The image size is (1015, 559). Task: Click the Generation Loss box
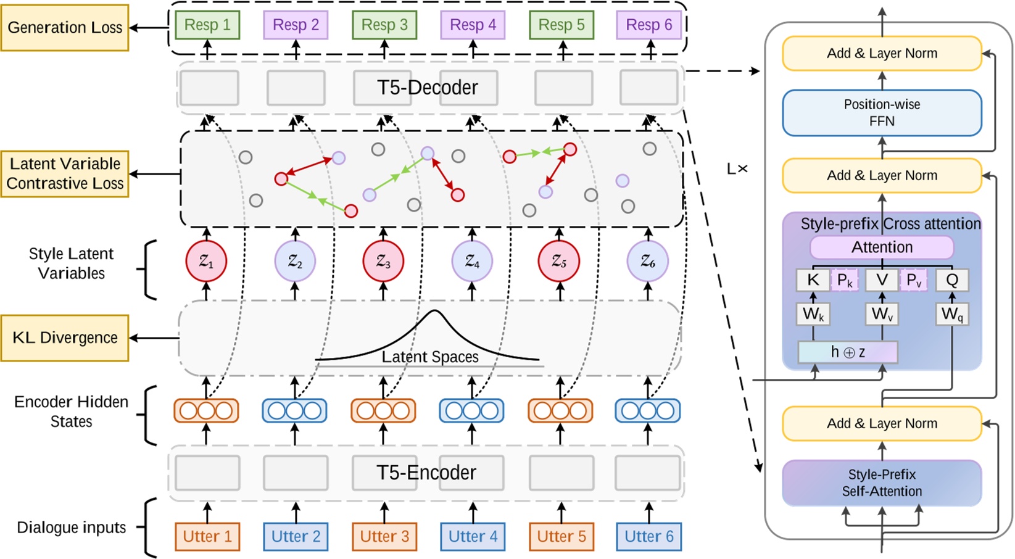click(x=65, y=28)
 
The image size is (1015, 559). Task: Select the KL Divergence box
click(x=65, y=338)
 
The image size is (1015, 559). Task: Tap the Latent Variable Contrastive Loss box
click(x=65, y=174)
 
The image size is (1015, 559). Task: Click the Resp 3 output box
click(x=384, y=25)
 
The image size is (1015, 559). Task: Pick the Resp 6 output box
click(x=649, y=25)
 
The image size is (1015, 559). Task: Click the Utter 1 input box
click(x=207, y=537)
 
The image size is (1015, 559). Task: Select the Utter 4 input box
click(x=473, y=537)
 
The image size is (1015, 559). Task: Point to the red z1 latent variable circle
click(x=206, y=262)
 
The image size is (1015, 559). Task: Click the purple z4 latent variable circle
click(x=472, y=262)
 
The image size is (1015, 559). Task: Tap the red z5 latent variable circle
click(x=559, y=262)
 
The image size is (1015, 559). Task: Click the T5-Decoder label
click(x=428, y=88)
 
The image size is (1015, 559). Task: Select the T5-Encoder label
click(x=426, y=473)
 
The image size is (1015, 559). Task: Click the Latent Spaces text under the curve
click(x=430, y=357)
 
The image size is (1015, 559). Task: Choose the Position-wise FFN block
click(x=882, y=113)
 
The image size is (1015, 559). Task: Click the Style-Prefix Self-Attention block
click(x=882, y=483)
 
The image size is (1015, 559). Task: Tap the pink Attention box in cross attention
click(x=882, y=247)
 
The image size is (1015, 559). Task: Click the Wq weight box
click(x=952, y=314)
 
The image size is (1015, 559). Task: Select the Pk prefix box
click(x=845, y=281)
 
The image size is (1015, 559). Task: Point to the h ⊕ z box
click(x=848, y=352)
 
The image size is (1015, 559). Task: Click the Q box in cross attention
click(x=952, y=281)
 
